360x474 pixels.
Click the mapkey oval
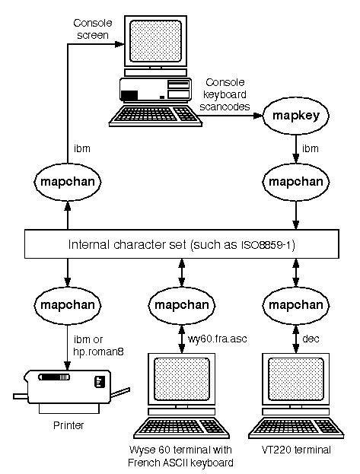click(296, 116)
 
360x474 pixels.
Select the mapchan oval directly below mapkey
click(296, 182)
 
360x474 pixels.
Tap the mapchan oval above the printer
click(68, 305)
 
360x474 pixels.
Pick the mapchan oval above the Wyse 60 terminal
click(181, 305)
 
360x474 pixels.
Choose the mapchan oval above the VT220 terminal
click(296, 305)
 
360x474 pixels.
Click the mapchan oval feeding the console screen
click(68, 182)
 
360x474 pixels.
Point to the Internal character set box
click(181, 244)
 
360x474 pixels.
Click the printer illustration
click(72, 391)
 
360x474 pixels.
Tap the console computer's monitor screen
click(156, 41)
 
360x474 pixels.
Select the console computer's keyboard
click(155, 115)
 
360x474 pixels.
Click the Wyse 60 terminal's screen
click(182, 379)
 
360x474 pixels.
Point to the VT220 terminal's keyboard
click(296, 428)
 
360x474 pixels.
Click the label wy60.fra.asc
click(217, 339)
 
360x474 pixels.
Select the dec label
click(311, 339)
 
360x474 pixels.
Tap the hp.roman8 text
click(98, 352)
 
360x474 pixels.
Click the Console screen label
click(93, 29)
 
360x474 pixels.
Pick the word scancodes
click(225, 107)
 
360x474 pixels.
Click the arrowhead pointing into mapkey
click(258, 116)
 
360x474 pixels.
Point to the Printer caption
click(68, 425)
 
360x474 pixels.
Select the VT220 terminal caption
click(296, 450)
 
